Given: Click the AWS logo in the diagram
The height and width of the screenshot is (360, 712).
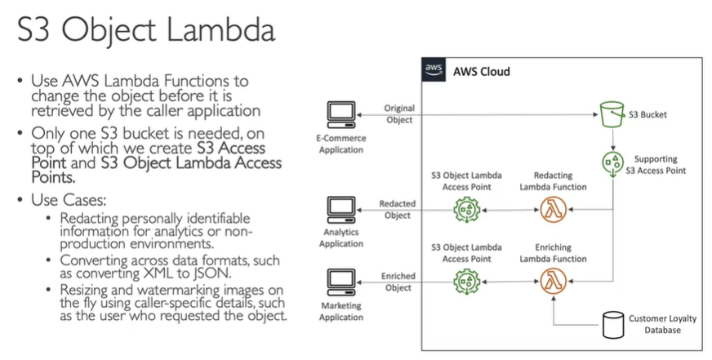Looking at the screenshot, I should [x=434, y=70].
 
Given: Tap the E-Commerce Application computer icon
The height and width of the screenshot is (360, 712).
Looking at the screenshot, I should [x=338, y=114].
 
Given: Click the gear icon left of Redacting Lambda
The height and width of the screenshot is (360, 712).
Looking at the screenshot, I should [x=465, y=210].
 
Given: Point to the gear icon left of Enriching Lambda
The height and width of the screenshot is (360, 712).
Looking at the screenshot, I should [x=465, y=282].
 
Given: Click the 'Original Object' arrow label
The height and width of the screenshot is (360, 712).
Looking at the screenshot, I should [x=398, y=114].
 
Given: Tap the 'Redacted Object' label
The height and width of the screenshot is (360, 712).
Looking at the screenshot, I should [x=398, y=210].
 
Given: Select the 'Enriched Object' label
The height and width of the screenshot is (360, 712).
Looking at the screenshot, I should [x=398, y=282].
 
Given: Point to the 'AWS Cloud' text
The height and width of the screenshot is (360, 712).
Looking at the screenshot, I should [x=482, y=71].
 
